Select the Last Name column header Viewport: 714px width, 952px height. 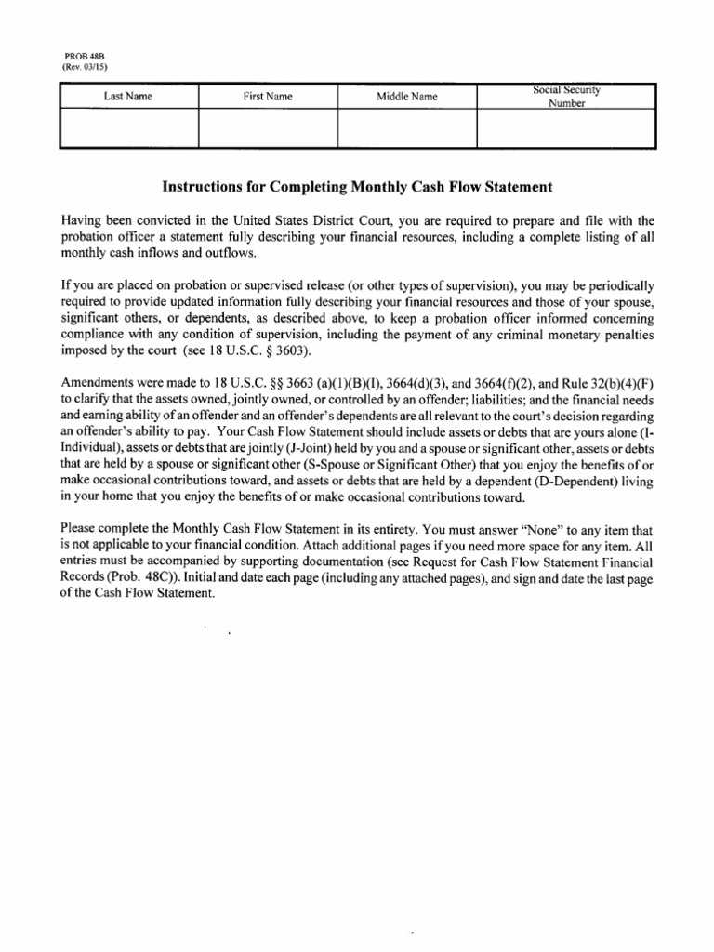pos(128,96)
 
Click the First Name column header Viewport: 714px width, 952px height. pos(267,96)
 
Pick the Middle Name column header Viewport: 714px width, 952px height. pos(406,96)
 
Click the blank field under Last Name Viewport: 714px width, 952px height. pos(128,128)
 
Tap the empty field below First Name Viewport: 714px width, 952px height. pos(267,128)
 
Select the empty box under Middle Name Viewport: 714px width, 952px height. pos(406,128)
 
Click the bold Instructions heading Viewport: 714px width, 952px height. pos(357,187)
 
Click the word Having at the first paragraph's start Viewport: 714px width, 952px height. pos(82,221)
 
